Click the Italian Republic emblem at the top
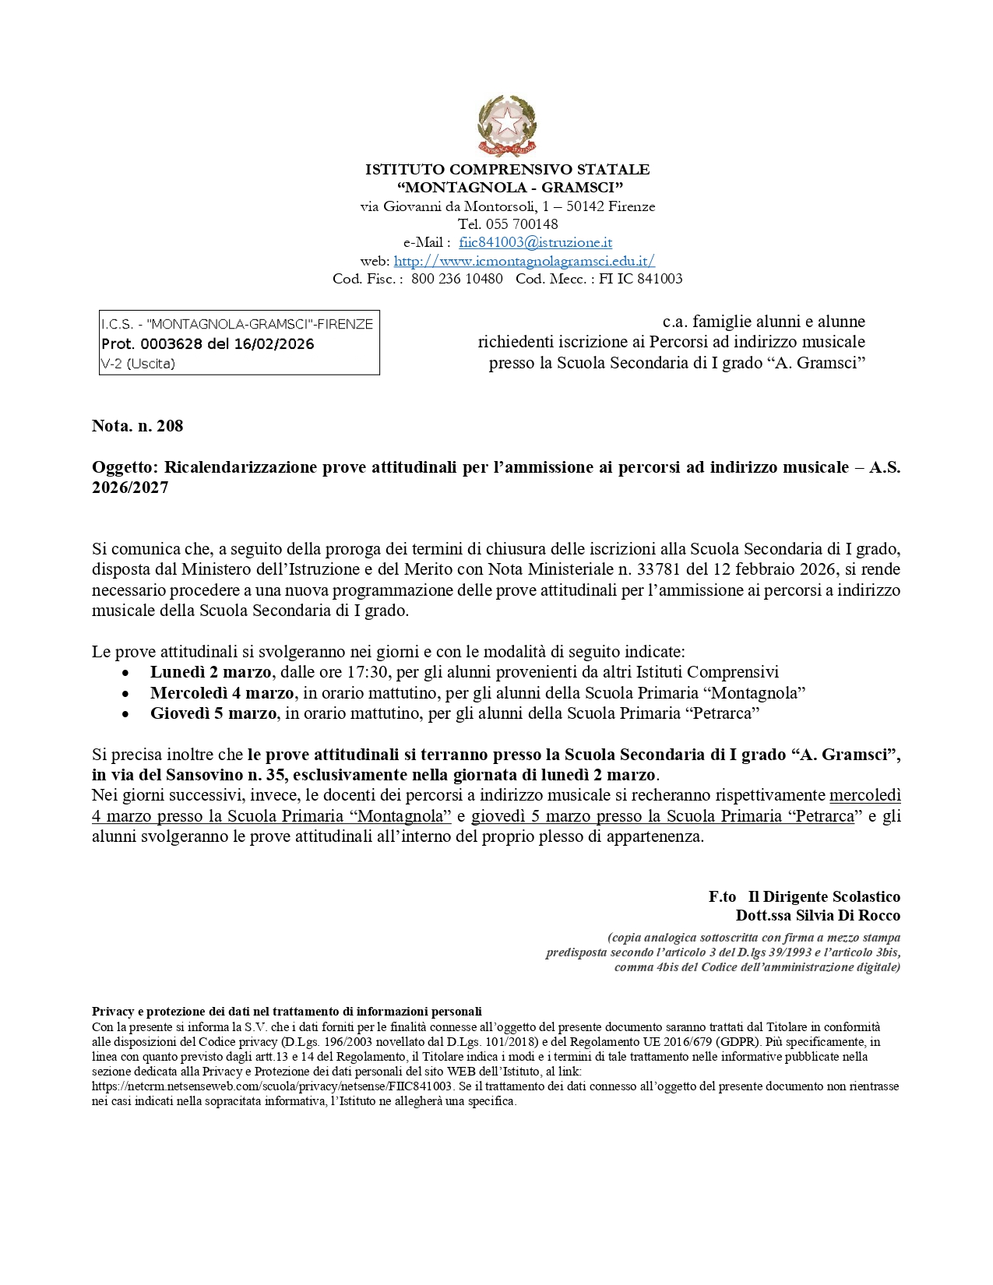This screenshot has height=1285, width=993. (507, 125)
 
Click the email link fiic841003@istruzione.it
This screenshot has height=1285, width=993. (535, 242)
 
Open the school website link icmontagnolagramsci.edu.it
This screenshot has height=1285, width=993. (523, 261)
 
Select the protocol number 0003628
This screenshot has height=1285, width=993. (171, 344)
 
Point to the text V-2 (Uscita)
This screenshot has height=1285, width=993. (138, 364)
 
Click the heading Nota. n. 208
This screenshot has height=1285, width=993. (138, 425)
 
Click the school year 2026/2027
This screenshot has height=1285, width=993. (130, 488)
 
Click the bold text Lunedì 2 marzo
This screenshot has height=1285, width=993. (210, 672)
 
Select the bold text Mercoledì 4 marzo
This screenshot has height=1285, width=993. (222, 693)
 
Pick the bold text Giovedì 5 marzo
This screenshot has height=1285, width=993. (213, 713)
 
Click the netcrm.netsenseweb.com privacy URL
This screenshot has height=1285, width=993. (272, 1086)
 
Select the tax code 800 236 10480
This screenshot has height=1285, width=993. (456, 279)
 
